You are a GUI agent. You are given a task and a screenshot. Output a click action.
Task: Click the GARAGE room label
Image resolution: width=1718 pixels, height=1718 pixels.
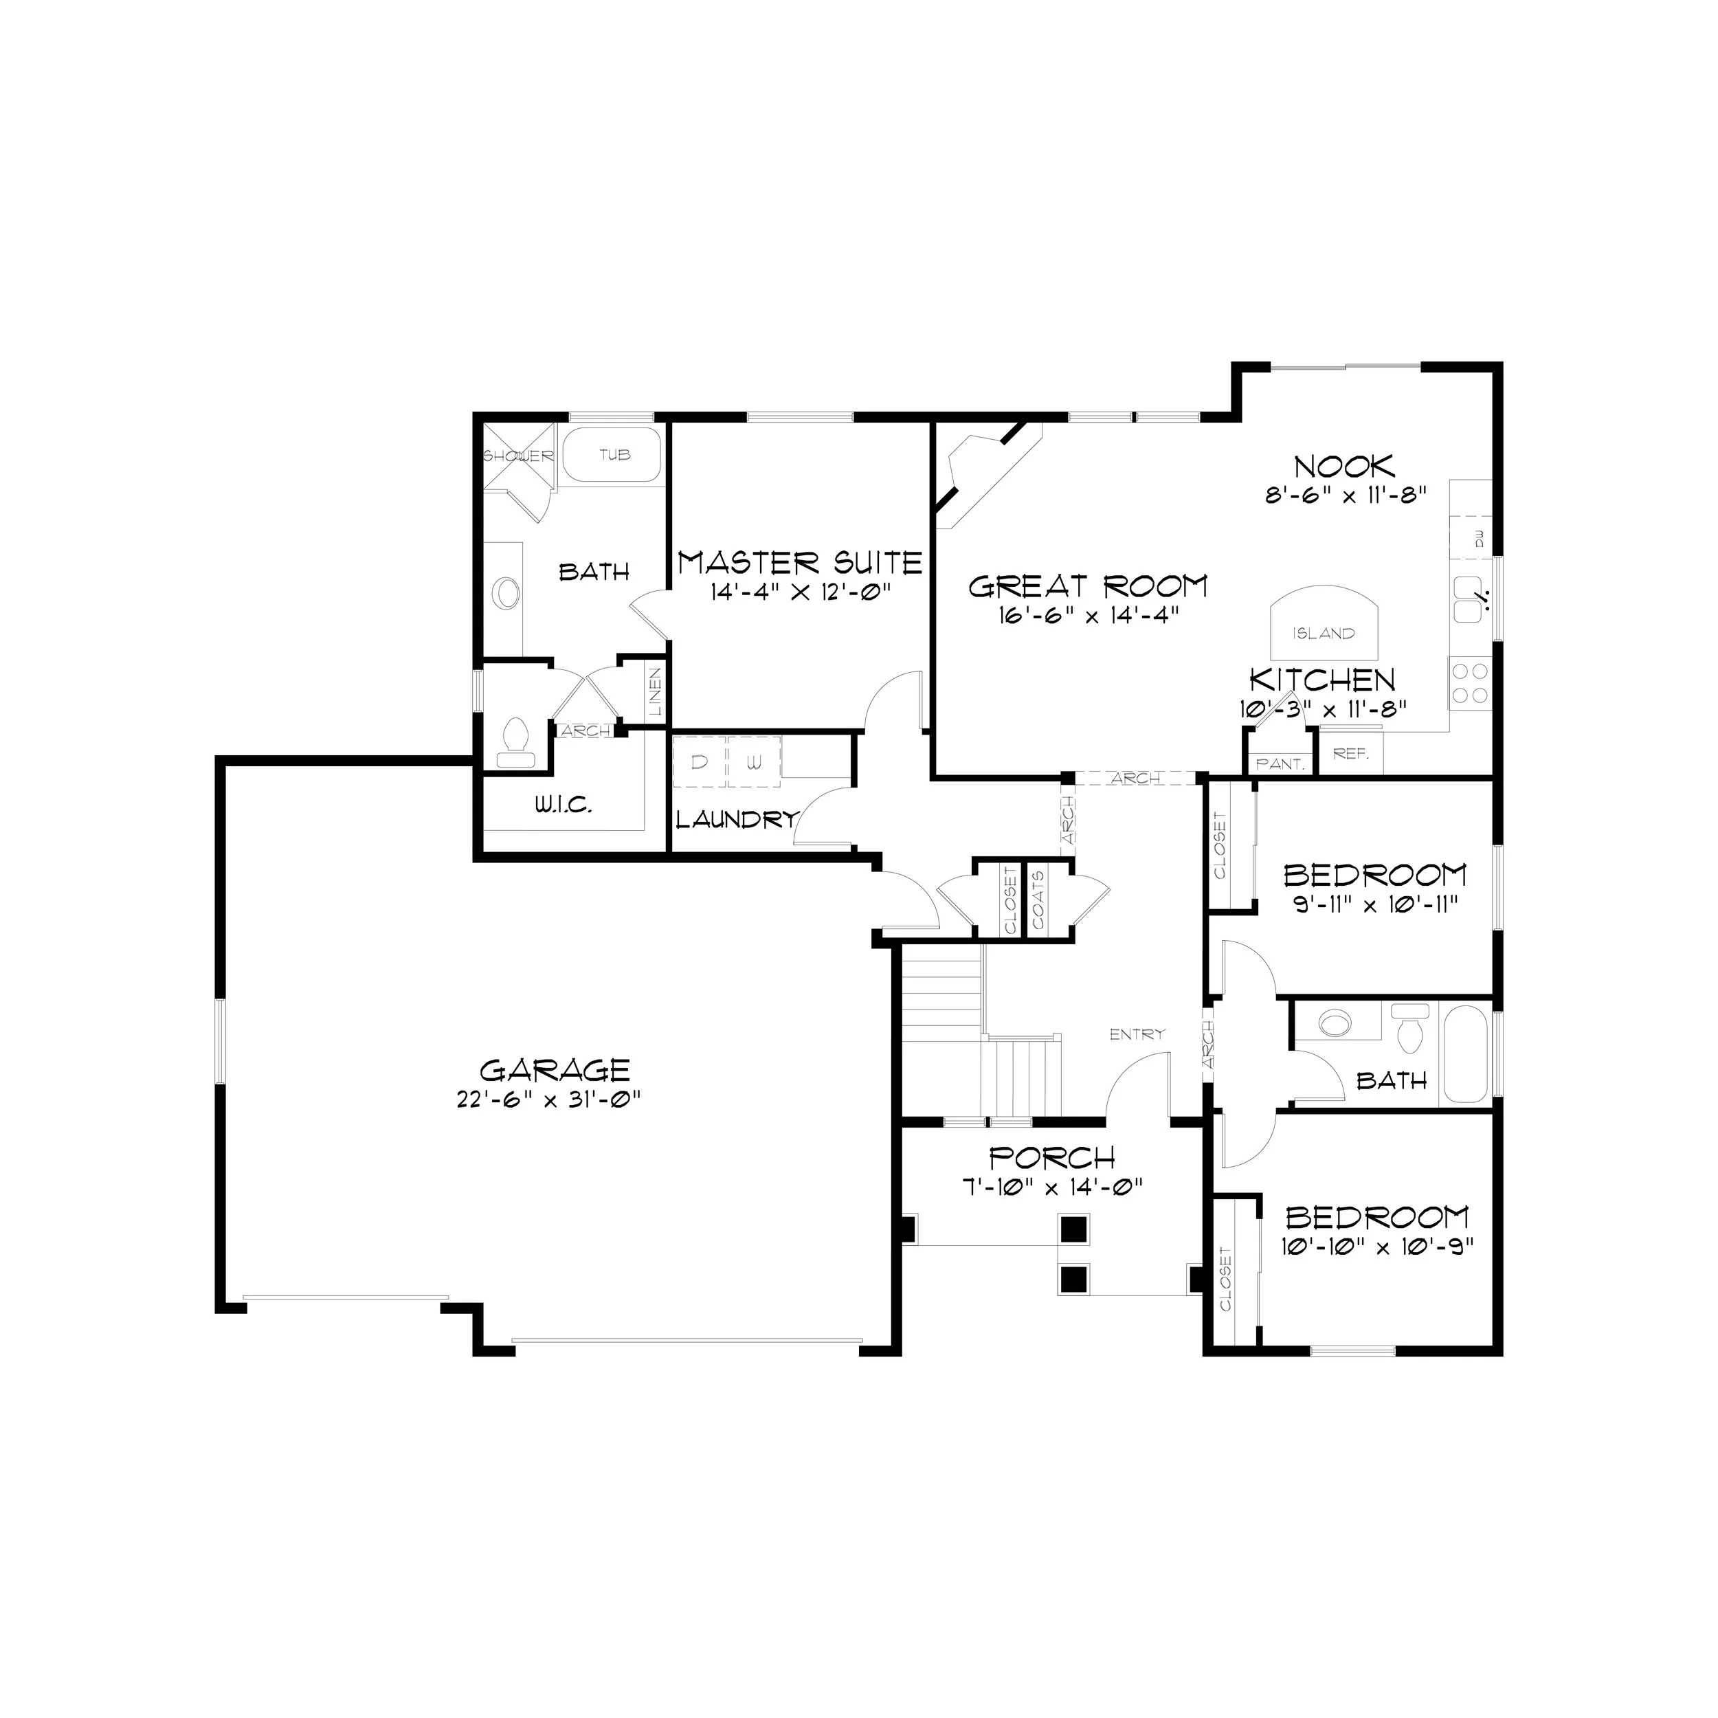click(x=555, y=1070)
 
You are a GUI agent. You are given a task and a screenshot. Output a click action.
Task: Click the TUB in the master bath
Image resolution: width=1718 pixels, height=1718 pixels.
click(x=614, y=454)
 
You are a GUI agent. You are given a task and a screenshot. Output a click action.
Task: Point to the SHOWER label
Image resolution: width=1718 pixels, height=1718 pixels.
click(x=518, y=456)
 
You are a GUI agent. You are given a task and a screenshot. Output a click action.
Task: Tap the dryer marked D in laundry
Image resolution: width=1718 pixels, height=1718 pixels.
click(x=700, y=762)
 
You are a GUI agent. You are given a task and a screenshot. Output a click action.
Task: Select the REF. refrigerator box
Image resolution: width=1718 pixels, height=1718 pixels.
click(x=1351, y=753)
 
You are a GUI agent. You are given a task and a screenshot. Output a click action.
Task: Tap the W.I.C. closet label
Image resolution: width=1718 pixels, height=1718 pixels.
click(x=563, y=805)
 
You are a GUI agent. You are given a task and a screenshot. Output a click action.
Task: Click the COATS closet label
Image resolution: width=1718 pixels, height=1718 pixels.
click(x=1038, y=899)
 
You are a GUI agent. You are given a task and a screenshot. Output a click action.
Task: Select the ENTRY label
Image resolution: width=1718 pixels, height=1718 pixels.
click(x=1137, y=1034)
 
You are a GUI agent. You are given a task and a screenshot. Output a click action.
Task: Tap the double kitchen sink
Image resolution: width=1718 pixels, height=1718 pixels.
click(x=1467, y=599)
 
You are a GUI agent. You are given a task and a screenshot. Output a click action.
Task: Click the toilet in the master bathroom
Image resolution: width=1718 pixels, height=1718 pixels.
click(x=517, y=742)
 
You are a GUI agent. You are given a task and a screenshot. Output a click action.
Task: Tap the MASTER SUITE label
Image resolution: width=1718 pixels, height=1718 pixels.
click(x=801, y=562)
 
